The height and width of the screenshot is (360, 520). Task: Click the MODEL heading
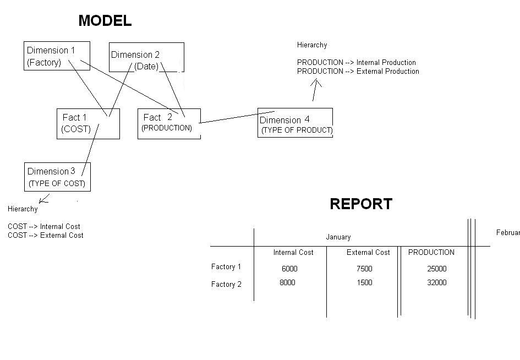105,21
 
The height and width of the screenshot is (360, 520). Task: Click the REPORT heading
361,204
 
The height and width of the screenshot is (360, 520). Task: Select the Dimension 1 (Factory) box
57,56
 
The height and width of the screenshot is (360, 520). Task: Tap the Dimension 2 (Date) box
146,57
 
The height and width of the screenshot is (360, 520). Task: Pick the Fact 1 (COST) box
87,123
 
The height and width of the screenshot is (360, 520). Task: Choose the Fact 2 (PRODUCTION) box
168,123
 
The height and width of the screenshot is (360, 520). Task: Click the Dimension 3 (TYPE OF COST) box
57,177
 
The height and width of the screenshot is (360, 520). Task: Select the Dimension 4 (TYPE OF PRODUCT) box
295,123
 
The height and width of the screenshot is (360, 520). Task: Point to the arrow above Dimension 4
315,90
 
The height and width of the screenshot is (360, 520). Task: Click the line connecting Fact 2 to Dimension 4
237,117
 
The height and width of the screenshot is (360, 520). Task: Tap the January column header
338,237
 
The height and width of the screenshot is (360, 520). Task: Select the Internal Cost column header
293,253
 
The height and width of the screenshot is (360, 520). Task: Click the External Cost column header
368,253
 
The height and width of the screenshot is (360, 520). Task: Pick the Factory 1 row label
226,267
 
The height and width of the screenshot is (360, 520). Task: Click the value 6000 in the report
289,269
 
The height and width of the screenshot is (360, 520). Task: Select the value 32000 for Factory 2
436,283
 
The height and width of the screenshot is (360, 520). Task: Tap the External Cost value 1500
364,283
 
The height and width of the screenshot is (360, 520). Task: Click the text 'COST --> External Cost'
46,236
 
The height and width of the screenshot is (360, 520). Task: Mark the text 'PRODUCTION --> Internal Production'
356,63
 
